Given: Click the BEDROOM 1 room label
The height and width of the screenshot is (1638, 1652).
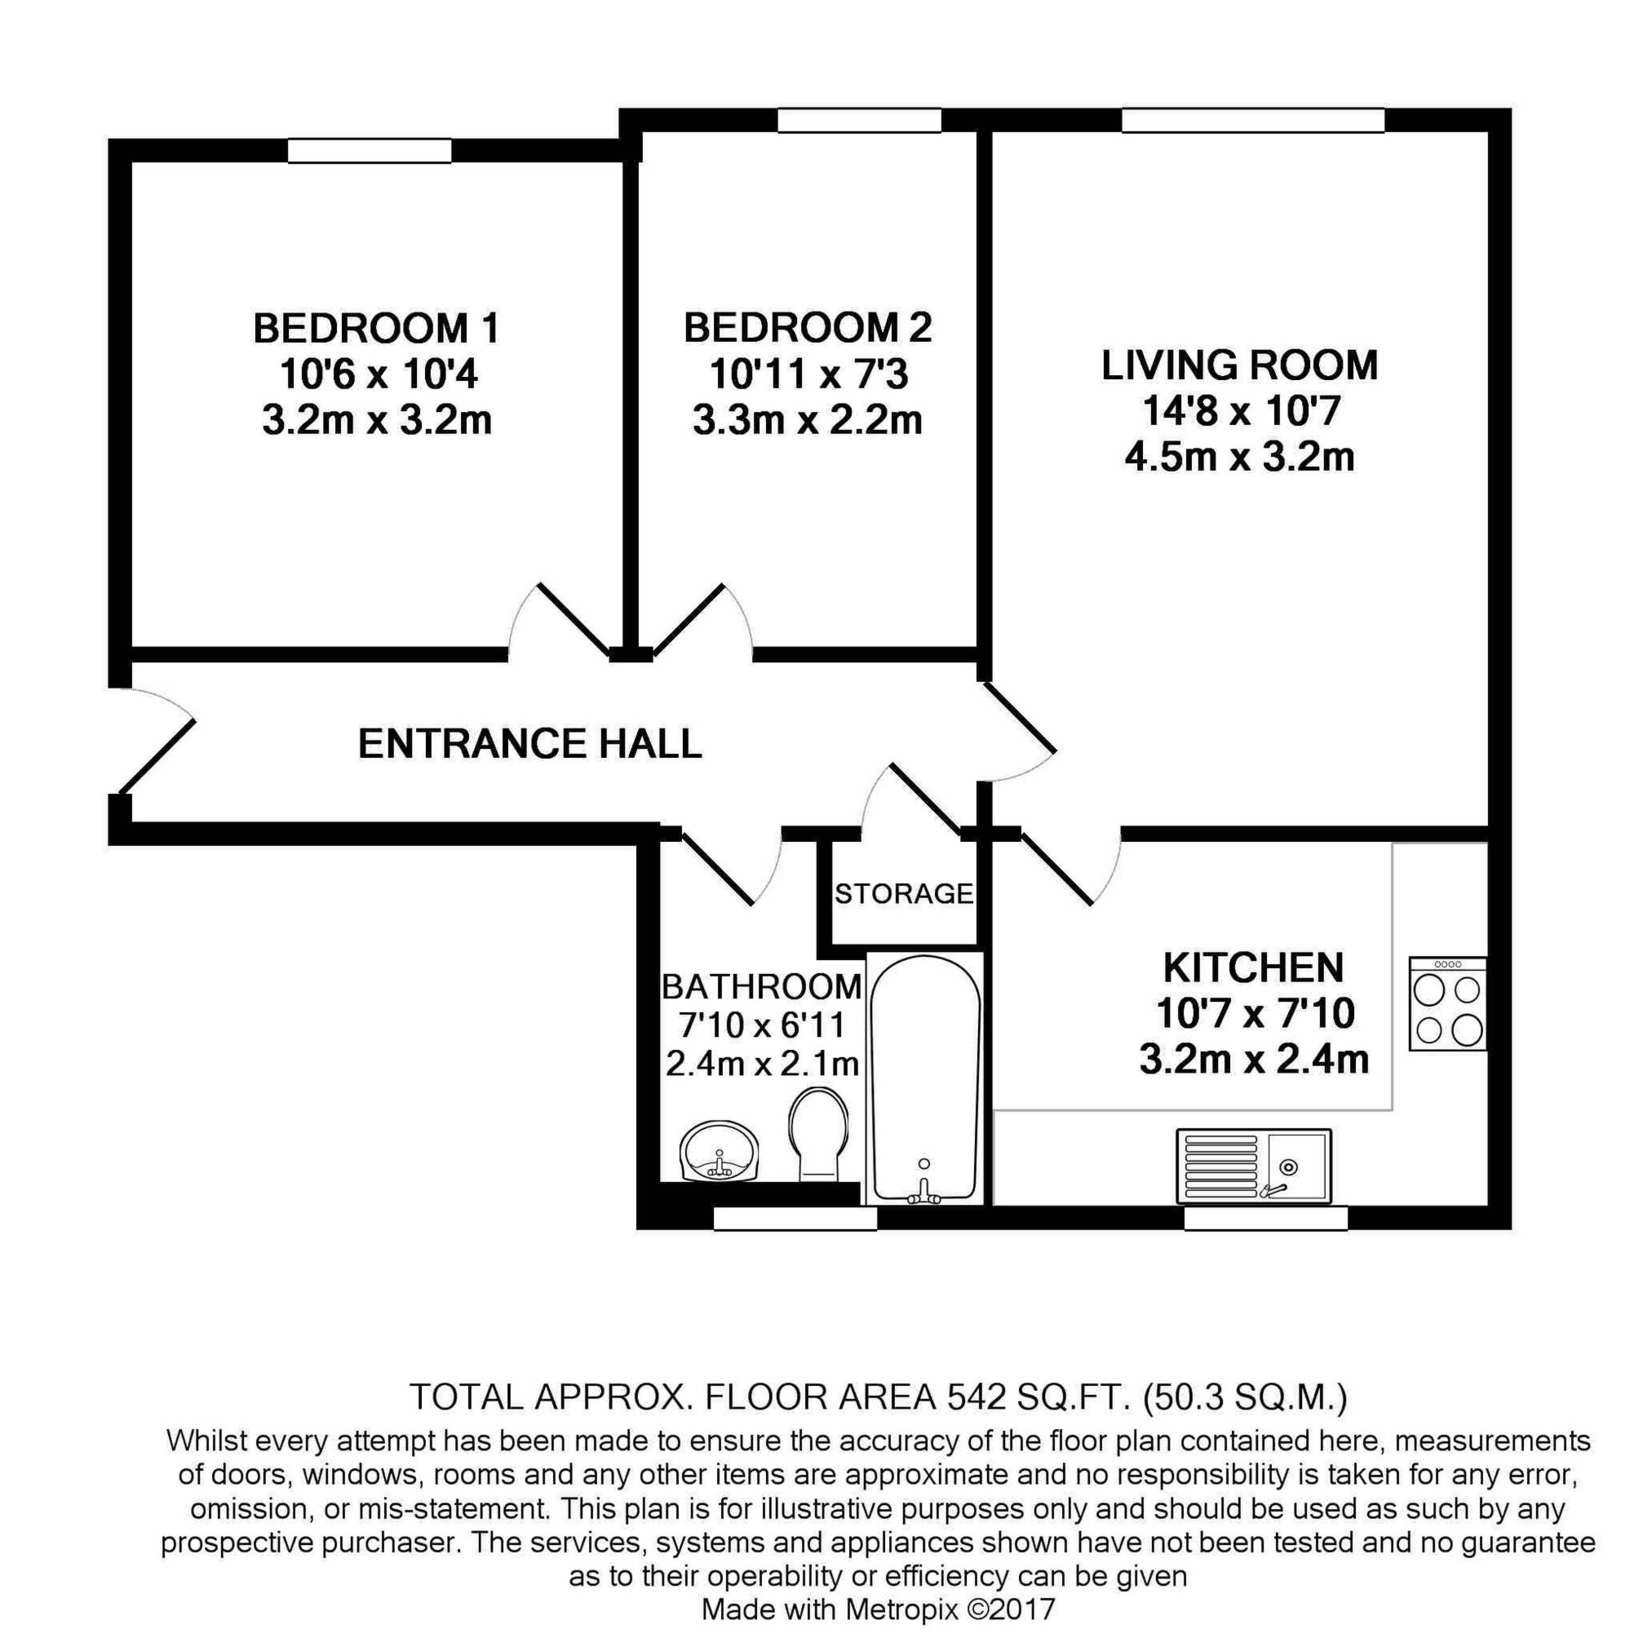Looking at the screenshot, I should [376, 328].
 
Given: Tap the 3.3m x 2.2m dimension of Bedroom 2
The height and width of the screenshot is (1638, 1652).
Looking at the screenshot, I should [807, 421].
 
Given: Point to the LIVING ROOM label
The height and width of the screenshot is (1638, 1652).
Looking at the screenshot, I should [1239, 366].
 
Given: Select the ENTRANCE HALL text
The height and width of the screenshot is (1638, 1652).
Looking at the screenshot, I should [529, 744].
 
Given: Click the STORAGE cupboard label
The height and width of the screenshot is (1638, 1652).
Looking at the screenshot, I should [904, 894].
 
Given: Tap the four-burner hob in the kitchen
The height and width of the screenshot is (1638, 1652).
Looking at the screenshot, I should [1446, 1004].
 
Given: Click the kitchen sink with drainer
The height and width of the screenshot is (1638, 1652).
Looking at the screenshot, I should [1254, 1166].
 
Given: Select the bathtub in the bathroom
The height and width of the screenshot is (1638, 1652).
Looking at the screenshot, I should [924, 1079].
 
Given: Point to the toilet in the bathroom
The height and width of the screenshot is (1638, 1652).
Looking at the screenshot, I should [818, 1134].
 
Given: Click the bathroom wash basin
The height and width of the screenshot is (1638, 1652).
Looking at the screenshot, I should [719, 1152].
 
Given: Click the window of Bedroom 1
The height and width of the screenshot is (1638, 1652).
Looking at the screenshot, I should [370, 151].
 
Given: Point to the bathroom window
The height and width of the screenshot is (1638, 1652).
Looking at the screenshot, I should [795, 1218].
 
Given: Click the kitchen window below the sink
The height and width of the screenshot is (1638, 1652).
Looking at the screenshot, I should [1264, 1218].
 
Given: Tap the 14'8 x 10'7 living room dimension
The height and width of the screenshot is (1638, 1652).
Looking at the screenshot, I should [1241, 413].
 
